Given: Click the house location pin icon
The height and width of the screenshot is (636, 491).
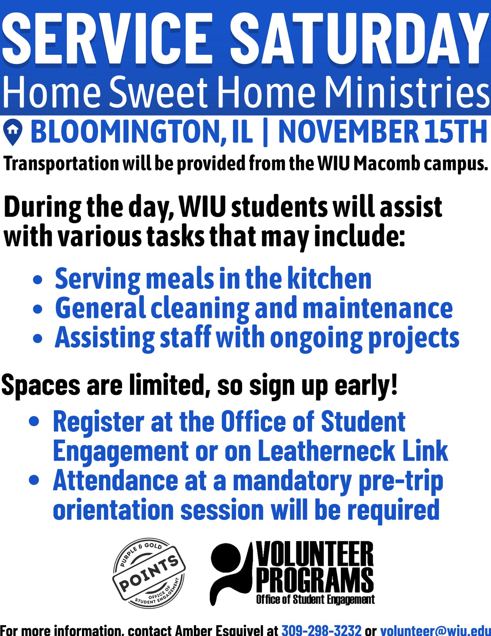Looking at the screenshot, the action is click(x=13, y=132).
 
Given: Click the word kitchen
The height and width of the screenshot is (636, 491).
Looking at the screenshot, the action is click(x=330, y=278).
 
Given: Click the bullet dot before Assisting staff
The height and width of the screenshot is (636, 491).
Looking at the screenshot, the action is click(x=38, y=338).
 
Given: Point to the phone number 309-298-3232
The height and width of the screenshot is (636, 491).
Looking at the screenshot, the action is click(x=322, y=630).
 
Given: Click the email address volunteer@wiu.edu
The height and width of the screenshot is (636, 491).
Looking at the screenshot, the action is click(x=436, y=630).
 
